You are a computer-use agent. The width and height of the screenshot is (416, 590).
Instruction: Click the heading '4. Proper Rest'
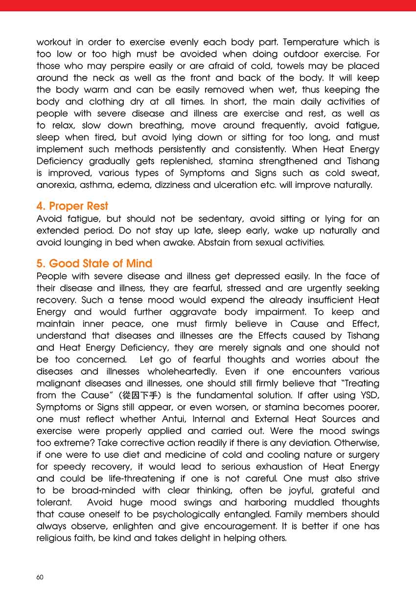[x=72, y=206]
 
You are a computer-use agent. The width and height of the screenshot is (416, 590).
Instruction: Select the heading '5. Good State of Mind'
[x=94, y=263]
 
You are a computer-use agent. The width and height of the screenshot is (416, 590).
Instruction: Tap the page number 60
[x=40, y=577]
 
